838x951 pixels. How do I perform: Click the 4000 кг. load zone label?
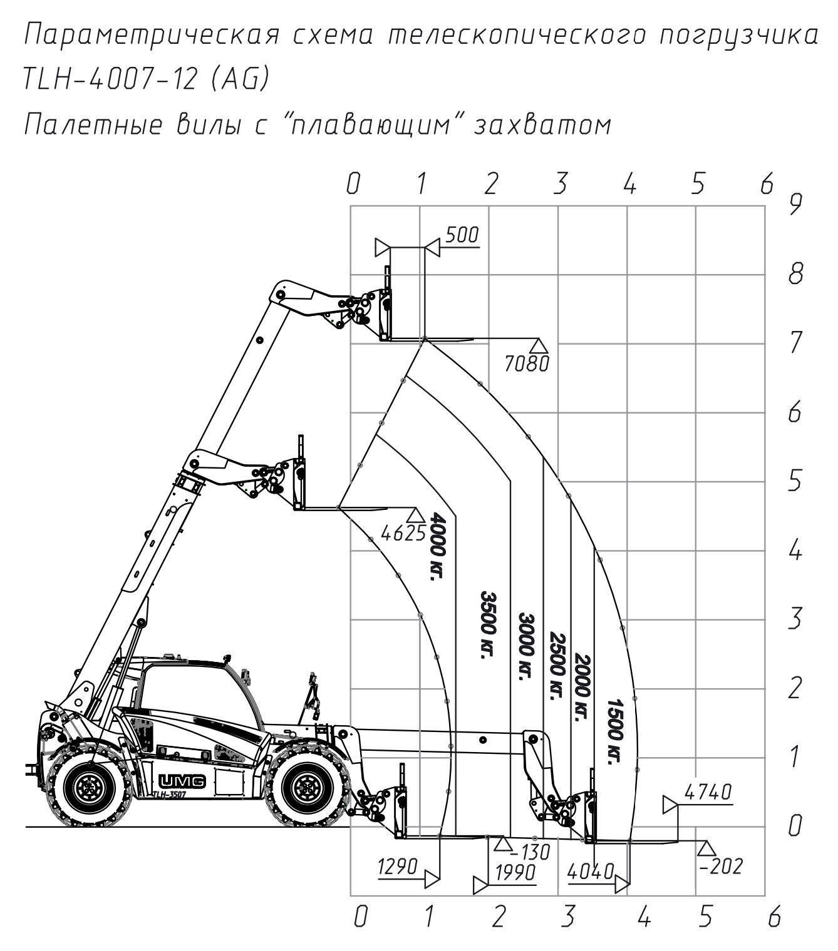point(437,546)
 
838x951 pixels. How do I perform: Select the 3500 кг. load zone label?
point(489,624)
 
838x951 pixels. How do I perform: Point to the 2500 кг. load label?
point(557,666)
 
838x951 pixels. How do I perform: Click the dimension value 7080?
point(527,364)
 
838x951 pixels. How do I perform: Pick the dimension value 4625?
point(403,534)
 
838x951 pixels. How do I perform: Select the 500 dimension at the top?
point(462,235)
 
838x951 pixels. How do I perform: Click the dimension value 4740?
point(708,792)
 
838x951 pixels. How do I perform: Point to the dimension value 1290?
point(398,867)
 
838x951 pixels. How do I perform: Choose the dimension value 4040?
point(591,872)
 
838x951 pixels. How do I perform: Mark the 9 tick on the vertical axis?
point(795,205)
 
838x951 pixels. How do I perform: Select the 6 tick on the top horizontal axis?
point(767,183)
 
